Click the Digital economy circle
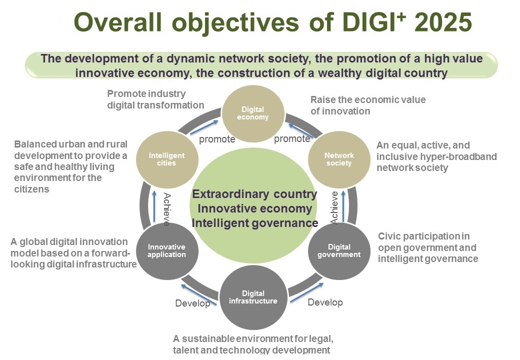(x=253, y=113)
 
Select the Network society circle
(x=339, y=159)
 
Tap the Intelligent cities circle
(x=167, y=159)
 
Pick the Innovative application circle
(x=167, y=251)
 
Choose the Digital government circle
(x=339, y=251)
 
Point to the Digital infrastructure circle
(x=253, y=297)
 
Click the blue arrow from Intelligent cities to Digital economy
(x=204, y=127)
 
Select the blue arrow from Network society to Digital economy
(x=301, y=130)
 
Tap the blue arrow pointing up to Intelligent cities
(x=154, y=206)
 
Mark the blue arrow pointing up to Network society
(x=343, y=205)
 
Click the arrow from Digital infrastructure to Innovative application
(x=198, y=294)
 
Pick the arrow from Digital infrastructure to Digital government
(x=307, y=292)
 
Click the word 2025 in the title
(x=443, y=22)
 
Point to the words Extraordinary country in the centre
(x=254, y=194)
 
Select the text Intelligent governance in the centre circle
(x=254, y=223)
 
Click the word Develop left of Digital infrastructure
(x=192, y=303)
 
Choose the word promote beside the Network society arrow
(x=292, y=139)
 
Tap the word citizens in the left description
(x=31, y=189)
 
